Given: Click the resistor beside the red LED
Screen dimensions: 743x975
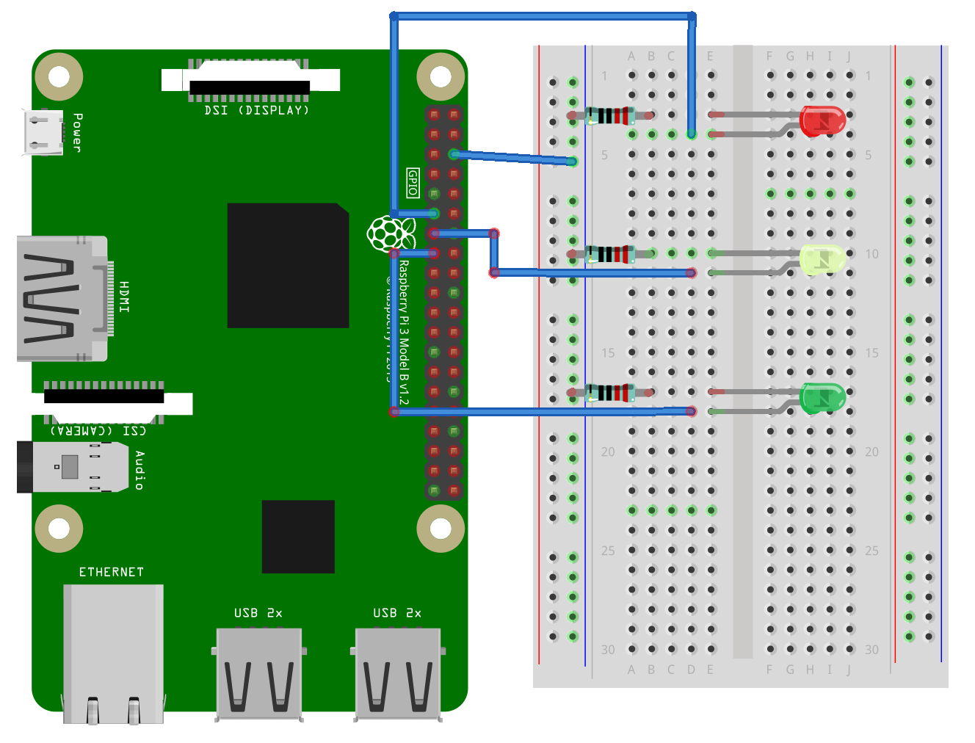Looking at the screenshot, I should [x=609, y=115].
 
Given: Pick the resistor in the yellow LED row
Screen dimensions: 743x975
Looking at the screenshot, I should [x=609, y=254].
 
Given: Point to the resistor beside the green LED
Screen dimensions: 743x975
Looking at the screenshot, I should [x=609, y=393].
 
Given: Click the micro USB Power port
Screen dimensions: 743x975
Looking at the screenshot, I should [x=43, y=132].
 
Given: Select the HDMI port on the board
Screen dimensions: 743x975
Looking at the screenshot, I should [x=62, y=298].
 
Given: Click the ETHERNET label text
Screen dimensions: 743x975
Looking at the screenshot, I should [x=112, y=572].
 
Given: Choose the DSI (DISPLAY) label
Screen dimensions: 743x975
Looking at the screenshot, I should [x=256, y=110].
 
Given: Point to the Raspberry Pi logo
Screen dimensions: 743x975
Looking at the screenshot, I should [x=388, y=233].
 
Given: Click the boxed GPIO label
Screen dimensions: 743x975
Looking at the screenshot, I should [x=413, y=183].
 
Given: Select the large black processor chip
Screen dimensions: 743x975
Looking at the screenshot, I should [x=288, y=265].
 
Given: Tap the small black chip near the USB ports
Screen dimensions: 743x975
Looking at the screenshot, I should [x=298, y=537].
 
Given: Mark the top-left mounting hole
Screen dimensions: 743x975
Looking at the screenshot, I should [x=59, y=76].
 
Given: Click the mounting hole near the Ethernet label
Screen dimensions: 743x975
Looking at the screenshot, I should [x=59, y=528].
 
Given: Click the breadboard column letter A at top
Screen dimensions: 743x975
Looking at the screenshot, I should [x=631, y=57].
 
